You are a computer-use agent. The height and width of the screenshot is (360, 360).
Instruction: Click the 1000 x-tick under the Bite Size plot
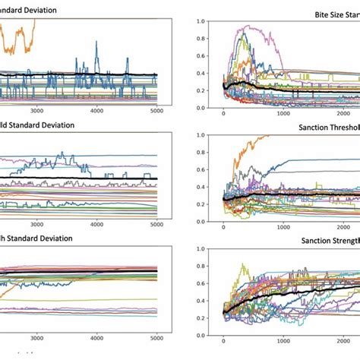click(283, 115)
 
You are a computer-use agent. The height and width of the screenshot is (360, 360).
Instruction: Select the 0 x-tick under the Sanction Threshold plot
click(223, 229)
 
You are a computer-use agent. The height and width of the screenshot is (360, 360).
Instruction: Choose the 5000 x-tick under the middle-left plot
click(156, 224)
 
